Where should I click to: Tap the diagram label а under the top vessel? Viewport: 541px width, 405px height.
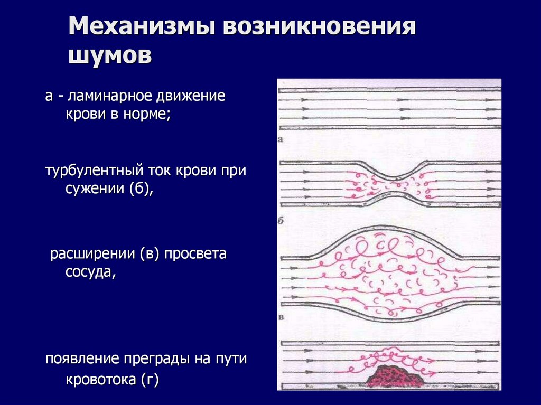click(x=281, y=140)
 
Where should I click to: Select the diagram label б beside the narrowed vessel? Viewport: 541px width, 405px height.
click(x=281, y=221)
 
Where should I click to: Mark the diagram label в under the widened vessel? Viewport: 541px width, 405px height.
click(x=281, y=317)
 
